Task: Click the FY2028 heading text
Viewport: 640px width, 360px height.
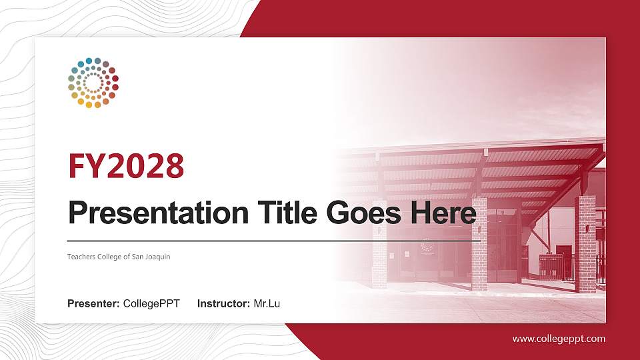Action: pyautogui.click(x=126, y=166)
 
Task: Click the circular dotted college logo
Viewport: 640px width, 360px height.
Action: pyautogui.click(x=93, y=83)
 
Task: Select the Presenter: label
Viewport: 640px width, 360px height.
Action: pyautogui.click(x=93, y=304)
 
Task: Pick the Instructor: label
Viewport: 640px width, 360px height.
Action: pyautogui.click(x=224, y=304)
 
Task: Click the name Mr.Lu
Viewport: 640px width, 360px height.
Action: pyautogui.click(x=267, y=304)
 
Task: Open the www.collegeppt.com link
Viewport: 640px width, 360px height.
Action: pyautogui.click(x=559, y=339)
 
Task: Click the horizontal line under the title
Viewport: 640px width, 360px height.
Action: pyautogui.click(x=273, y=240)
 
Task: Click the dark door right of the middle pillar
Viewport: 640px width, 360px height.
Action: pyautogui.click(x=564, y=260)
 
